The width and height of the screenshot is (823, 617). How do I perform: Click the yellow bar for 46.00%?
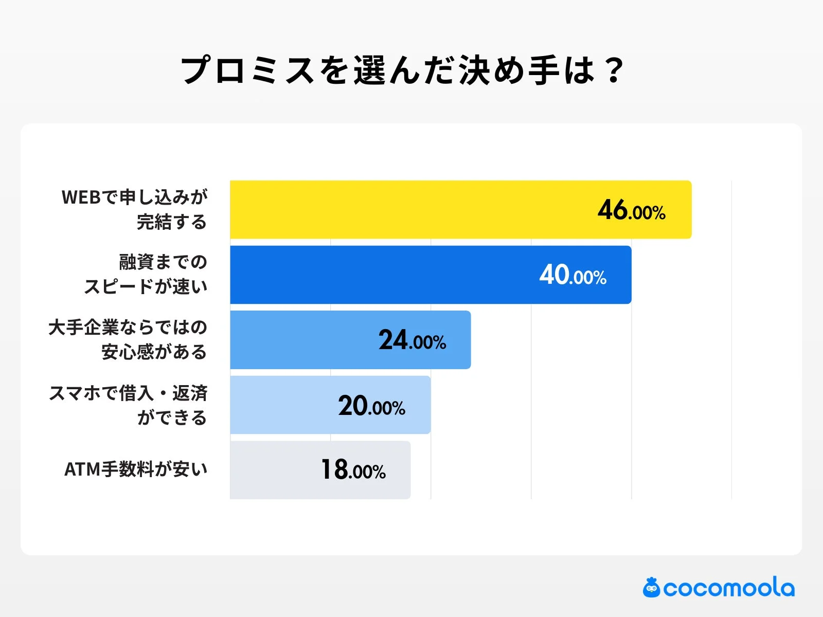click(411, 210)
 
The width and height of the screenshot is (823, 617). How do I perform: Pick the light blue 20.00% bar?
click(283, 405)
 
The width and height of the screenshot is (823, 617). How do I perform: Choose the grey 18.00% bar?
click(273, 470)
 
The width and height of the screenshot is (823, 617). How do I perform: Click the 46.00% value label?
click(632, 210)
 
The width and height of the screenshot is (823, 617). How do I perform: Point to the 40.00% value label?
click(573, 275)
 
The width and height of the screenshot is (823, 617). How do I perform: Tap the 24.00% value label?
click(412, 340)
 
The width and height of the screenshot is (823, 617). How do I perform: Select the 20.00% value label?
click(371, 406)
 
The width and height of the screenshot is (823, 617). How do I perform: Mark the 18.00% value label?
click(353, 470)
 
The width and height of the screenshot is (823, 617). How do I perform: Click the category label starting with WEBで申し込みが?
click(135, 209)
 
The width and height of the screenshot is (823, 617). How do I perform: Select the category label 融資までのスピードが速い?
click(146, 274)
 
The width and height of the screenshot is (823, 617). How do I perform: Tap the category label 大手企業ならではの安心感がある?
click(128, 339)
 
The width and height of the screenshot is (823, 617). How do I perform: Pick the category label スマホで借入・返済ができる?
click(129, 405)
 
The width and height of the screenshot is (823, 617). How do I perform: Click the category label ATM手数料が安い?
click(136, 469)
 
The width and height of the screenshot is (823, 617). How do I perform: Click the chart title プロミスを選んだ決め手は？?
click(402, 70)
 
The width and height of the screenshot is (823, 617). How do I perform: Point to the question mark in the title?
click(614, 70)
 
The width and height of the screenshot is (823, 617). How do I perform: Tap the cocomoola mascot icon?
click(651, 588)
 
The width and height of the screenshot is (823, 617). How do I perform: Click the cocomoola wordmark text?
click(728, 588)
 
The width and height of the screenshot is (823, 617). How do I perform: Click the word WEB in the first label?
click(80, 197)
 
